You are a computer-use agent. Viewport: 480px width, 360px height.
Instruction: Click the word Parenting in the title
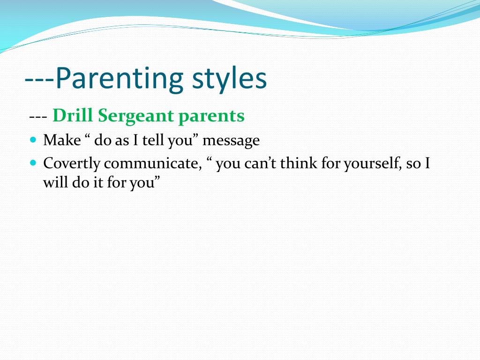[x=120, y=78]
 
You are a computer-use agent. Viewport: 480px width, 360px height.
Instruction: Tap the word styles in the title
[x=229, y=78]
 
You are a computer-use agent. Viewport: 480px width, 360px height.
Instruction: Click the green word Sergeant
[x=135, y=116]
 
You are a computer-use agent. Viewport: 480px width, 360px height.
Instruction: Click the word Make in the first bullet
[x=62, y=140]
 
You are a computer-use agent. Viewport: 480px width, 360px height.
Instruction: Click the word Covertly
[x=72, y=164]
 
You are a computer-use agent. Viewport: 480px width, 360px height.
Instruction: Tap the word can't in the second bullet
[x=260, y=164]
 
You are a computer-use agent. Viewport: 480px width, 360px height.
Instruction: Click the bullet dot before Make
[x=33, y=140]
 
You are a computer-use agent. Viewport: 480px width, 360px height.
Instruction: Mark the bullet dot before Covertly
[x=33, y=163]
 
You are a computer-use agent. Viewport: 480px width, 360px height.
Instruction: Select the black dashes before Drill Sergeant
[x=38, y=117]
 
